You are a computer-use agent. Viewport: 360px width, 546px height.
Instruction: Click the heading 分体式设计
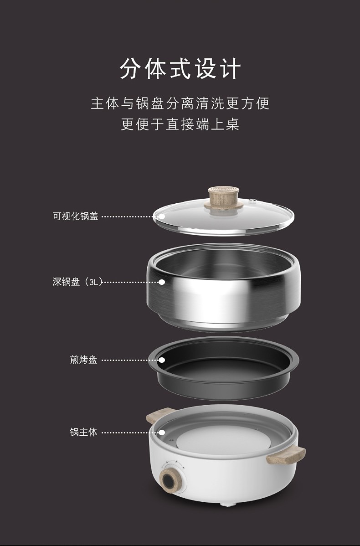tap(180, 69)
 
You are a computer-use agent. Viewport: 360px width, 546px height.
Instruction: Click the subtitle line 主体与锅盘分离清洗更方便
tap(180, 103)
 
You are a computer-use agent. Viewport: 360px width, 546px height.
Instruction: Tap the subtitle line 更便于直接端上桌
tap(180, 124)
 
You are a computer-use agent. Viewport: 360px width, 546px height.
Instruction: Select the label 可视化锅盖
tap(75, 216)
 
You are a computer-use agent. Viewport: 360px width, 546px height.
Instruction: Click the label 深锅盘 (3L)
tap(77, 282)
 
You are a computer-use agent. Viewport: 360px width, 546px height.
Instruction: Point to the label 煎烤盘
tap(83, 360)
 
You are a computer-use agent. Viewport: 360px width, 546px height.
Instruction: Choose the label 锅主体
tap(83, 432)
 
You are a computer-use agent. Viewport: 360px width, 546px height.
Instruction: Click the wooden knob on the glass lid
tap(224, 198)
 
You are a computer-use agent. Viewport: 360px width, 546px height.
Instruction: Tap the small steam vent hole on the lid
tap(253, 201)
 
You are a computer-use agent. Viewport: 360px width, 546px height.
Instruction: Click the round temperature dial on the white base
tap(170, 480)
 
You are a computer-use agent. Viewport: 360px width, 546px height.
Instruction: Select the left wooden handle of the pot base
tap(159, 415)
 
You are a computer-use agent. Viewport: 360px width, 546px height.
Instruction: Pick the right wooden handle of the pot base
tap(286, 456)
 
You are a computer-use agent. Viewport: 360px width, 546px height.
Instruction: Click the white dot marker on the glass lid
tap(162, 216)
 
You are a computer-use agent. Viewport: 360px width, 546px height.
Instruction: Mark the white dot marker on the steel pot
tap(162, 282)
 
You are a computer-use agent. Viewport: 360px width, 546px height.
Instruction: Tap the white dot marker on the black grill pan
tap(162, 360)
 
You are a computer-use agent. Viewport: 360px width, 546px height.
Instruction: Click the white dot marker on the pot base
tap(162, 433)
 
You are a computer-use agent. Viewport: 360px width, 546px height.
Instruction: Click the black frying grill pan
tap(223, 368)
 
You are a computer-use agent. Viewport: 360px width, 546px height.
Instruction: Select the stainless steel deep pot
tap(223, 287)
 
